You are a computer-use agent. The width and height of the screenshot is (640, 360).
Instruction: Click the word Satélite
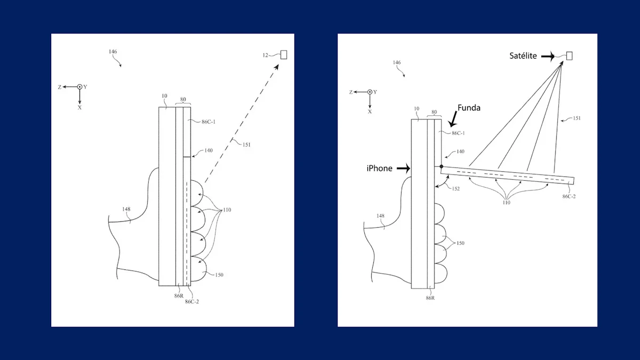coord(524,55)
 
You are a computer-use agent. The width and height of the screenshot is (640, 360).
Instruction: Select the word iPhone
coord(379,169)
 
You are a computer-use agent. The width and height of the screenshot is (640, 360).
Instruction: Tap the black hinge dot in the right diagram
coord(442,167)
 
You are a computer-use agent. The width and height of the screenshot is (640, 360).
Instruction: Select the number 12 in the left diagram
coord(265,54)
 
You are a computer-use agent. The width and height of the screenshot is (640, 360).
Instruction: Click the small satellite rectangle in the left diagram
coord(283,54)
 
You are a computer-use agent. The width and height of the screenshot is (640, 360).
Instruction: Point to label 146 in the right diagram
coord(396,62)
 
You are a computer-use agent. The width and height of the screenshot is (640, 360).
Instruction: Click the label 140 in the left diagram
coord(208,150)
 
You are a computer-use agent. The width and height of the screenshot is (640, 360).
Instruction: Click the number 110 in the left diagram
coord(227,210)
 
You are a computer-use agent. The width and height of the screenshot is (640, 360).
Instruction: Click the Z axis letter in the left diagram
coord(60,86)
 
